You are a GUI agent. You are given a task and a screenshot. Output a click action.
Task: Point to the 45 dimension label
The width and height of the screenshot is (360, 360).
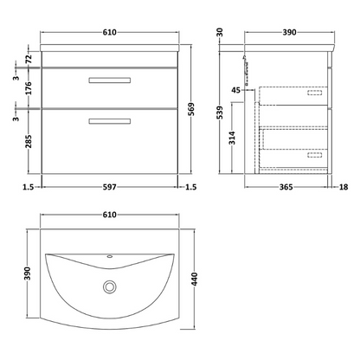(237, 88)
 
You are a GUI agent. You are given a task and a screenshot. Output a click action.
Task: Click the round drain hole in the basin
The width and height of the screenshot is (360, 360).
(110, 286)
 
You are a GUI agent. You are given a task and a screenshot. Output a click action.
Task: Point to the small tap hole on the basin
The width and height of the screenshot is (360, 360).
(110, 257)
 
